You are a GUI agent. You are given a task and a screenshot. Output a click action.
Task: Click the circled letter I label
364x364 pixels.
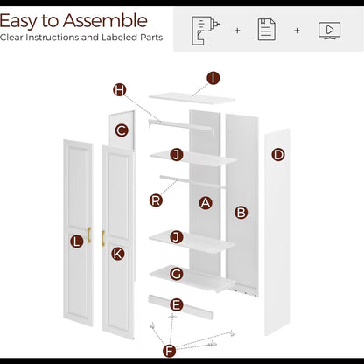point(213,78)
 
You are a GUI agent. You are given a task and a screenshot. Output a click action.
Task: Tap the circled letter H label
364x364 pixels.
point(120,89)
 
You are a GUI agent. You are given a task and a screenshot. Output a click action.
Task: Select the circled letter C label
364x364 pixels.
point(122,130)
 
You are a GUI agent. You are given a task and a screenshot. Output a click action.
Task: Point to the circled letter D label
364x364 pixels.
point(278,154)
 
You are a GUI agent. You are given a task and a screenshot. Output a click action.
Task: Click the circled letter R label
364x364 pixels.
point(156,200)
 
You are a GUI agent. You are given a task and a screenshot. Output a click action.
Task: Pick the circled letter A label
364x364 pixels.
point(206,203)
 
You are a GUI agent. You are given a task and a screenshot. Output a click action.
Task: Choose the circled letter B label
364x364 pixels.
point(241,213)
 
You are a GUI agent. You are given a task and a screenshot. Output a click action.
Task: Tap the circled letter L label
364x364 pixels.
point(77,241)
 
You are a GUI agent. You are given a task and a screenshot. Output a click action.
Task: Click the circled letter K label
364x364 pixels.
point(118,254)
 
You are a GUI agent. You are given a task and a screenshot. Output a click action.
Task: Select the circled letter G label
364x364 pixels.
point(177,274)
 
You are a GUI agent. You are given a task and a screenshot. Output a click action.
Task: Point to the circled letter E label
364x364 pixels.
point(177,305)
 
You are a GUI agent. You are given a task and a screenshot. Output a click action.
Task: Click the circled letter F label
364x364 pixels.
point(170,351)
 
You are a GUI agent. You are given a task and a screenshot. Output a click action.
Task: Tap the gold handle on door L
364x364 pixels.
point(89,234)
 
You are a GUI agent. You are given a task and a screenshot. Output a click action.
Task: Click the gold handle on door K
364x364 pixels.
point(103,238)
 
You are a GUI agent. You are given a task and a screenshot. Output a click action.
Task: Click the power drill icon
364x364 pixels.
point(206,31)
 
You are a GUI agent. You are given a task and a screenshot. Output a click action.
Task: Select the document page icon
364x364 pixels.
point(267,30)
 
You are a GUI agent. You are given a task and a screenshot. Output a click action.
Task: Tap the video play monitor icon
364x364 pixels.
point(330,31)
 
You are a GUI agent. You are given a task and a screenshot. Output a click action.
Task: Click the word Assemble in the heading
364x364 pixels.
point(105,21)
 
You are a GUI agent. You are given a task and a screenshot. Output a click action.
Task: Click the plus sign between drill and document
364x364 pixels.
point(237,31)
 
